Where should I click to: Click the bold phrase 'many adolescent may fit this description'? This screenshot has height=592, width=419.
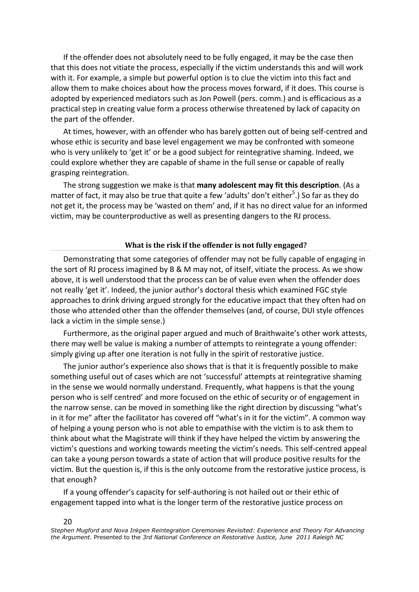268,185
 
